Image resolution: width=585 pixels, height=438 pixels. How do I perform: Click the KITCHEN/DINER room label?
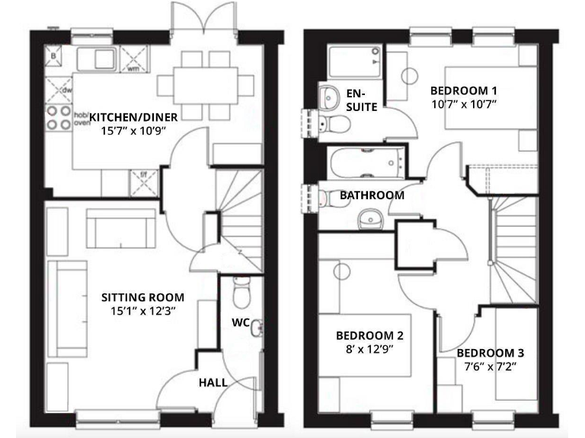(133, 116)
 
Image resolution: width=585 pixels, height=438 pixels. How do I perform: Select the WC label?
(240, 322)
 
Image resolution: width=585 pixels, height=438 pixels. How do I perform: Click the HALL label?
(213, 382)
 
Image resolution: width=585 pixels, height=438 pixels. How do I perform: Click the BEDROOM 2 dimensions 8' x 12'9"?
(369, 350)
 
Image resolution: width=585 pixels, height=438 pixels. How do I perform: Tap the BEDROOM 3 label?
(490, 354)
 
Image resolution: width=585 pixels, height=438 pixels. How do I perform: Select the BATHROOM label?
(372, 195)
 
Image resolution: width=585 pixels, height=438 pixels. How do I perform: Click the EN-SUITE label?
(361, 100)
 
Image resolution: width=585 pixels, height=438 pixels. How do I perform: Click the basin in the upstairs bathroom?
(372, 218)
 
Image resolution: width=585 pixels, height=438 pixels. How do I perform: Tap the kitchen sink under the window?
(98, 58)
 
